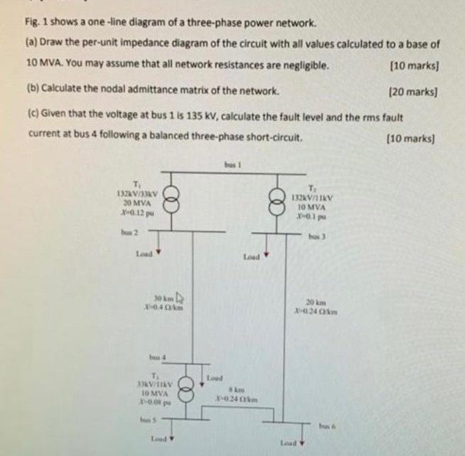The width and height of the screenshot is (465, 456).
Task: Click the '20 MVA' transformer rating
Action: point(131,202)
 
